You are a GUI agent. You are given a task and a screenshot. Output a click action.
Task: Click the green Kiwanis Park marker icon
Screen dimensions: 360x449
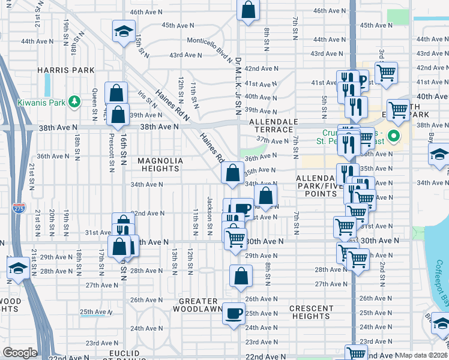pyautogui.click(x=74, y=102)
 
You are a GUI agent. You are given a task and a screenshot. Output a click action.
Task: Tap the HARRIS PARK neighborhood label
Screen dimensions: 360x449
pyautogui.click(x=66, y=70)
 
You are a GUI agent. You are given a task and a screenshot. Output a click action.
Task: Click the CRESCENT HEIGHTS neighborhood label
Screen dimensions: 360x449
pyautogui.click(x=311, y=313)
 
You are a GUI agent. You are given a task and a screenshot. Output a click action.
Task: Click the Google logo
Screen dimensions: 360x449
pyautogui.click(x=20, y=353)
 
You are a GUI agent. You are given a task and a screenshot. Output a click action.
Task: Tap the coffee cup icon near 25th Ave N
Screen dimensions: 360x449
pyautogui.click(x=234, y=313)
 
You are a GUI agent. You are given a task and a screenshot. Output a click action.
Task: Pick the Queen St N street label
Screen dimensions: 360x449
pyautogui.click(x=94, y=103)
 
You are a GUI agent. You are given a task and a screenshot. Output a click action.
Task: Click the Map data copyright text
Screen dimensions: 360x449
pyautogui.click(x=423, y=355)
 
